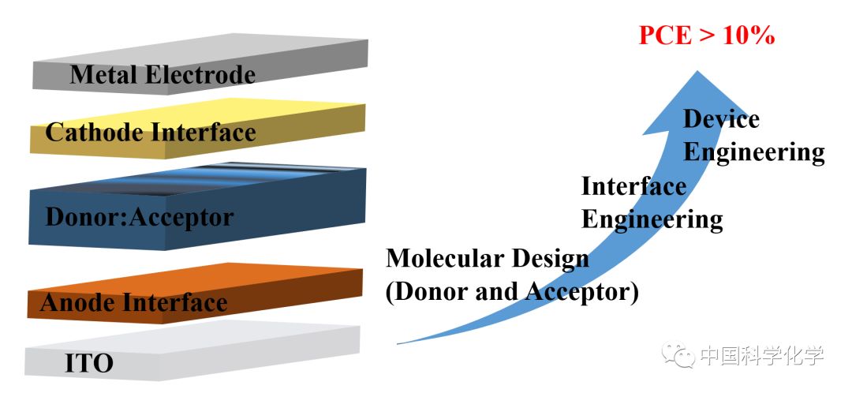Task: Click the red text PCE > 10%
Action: (x=706, y=36)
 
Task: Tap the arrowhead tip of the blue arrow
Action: (x=697, y=73)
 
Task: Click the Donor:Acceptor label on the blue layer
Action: (x=140, y=216)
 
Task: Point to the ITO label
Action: (x=88, y=363)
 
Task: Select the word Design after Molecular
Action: (x=551, y=258)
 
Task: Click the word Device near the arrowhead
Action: (x=721, y=119)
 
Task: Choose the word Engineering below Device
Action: (x=753, y=152)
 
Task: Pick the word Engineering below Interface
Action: (x=652, y=219)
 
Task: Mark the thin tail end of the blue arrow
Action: (x=399, y=342)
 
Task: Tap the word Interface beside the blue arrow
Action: (x=633, y=186)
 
